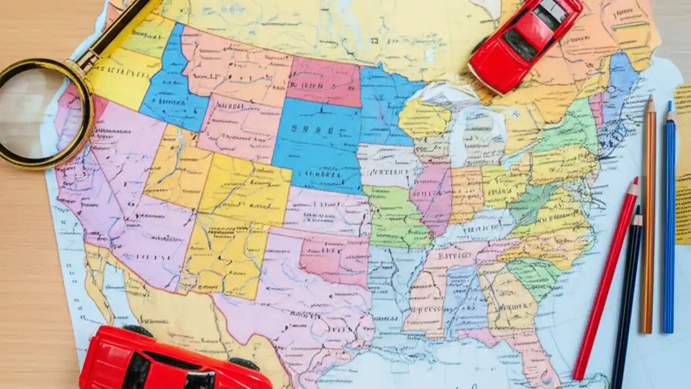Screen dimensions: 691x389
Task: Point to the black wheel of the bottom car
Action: tap(243, 364)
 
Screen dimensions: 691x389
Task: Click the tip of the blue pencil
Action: tap(670, 104)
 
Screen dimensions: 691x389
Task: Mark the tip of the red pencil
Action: tap(635, 180)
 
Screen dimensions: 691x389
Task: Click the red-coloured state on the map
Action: tap(324, 81)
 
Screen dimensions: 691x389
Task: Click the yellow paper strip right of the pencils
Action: tap(683, 162)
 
